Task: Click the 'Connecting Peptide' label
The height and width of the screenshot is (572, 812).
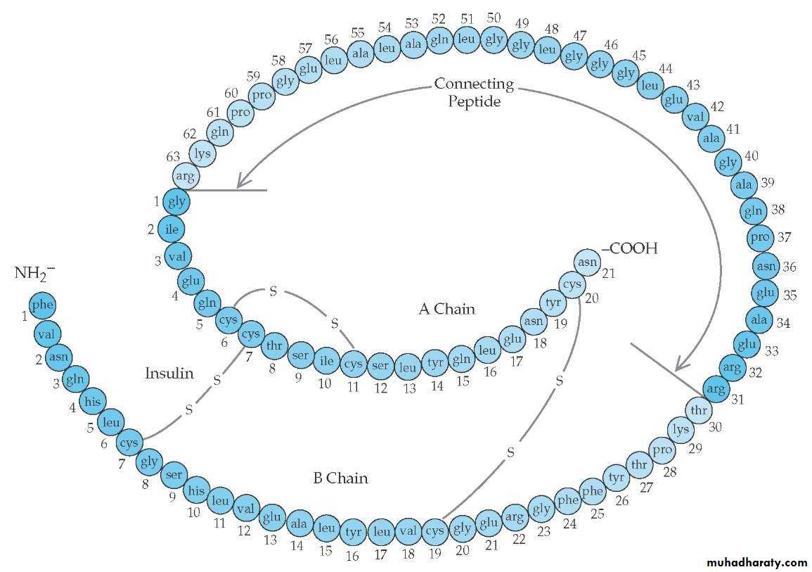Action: click(x=474, y=92)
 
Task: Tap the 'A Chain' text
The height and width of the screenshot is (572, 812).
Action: click(x=446, y=308)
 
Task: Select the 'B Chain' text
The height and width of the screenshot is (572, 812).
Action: click(x=340, y=478)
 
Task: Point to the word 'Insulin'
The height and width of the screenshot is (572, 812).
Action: click(x=169, y=373)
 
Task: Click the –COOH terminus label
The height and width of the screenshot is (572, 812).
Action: click(x=629, y=248)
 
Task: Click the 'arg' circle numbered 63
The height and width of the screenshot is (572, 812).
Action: click(x=186, y=176)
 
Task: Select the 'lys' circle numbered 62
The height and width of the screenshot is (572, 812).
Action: click(x=202, y=153)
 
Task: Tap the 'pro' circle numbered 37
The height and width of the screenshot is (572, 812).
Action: click(x=759, y=237)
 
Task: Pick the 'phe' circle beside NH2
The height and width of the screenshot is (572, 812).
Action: click(x=42, y=305)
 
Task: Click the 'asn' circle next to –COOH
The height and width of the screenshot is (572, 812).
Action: click(x=588, y=262)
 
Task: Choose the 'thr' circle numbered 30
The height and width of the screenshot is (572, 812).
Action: click(x=698, y=410)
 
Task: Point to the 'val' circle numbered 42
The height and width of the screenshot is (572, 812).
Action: click(x=695, y=117)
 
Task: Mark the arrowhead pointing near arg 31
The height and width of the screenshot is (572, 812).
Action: click(x=679, y=365)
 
